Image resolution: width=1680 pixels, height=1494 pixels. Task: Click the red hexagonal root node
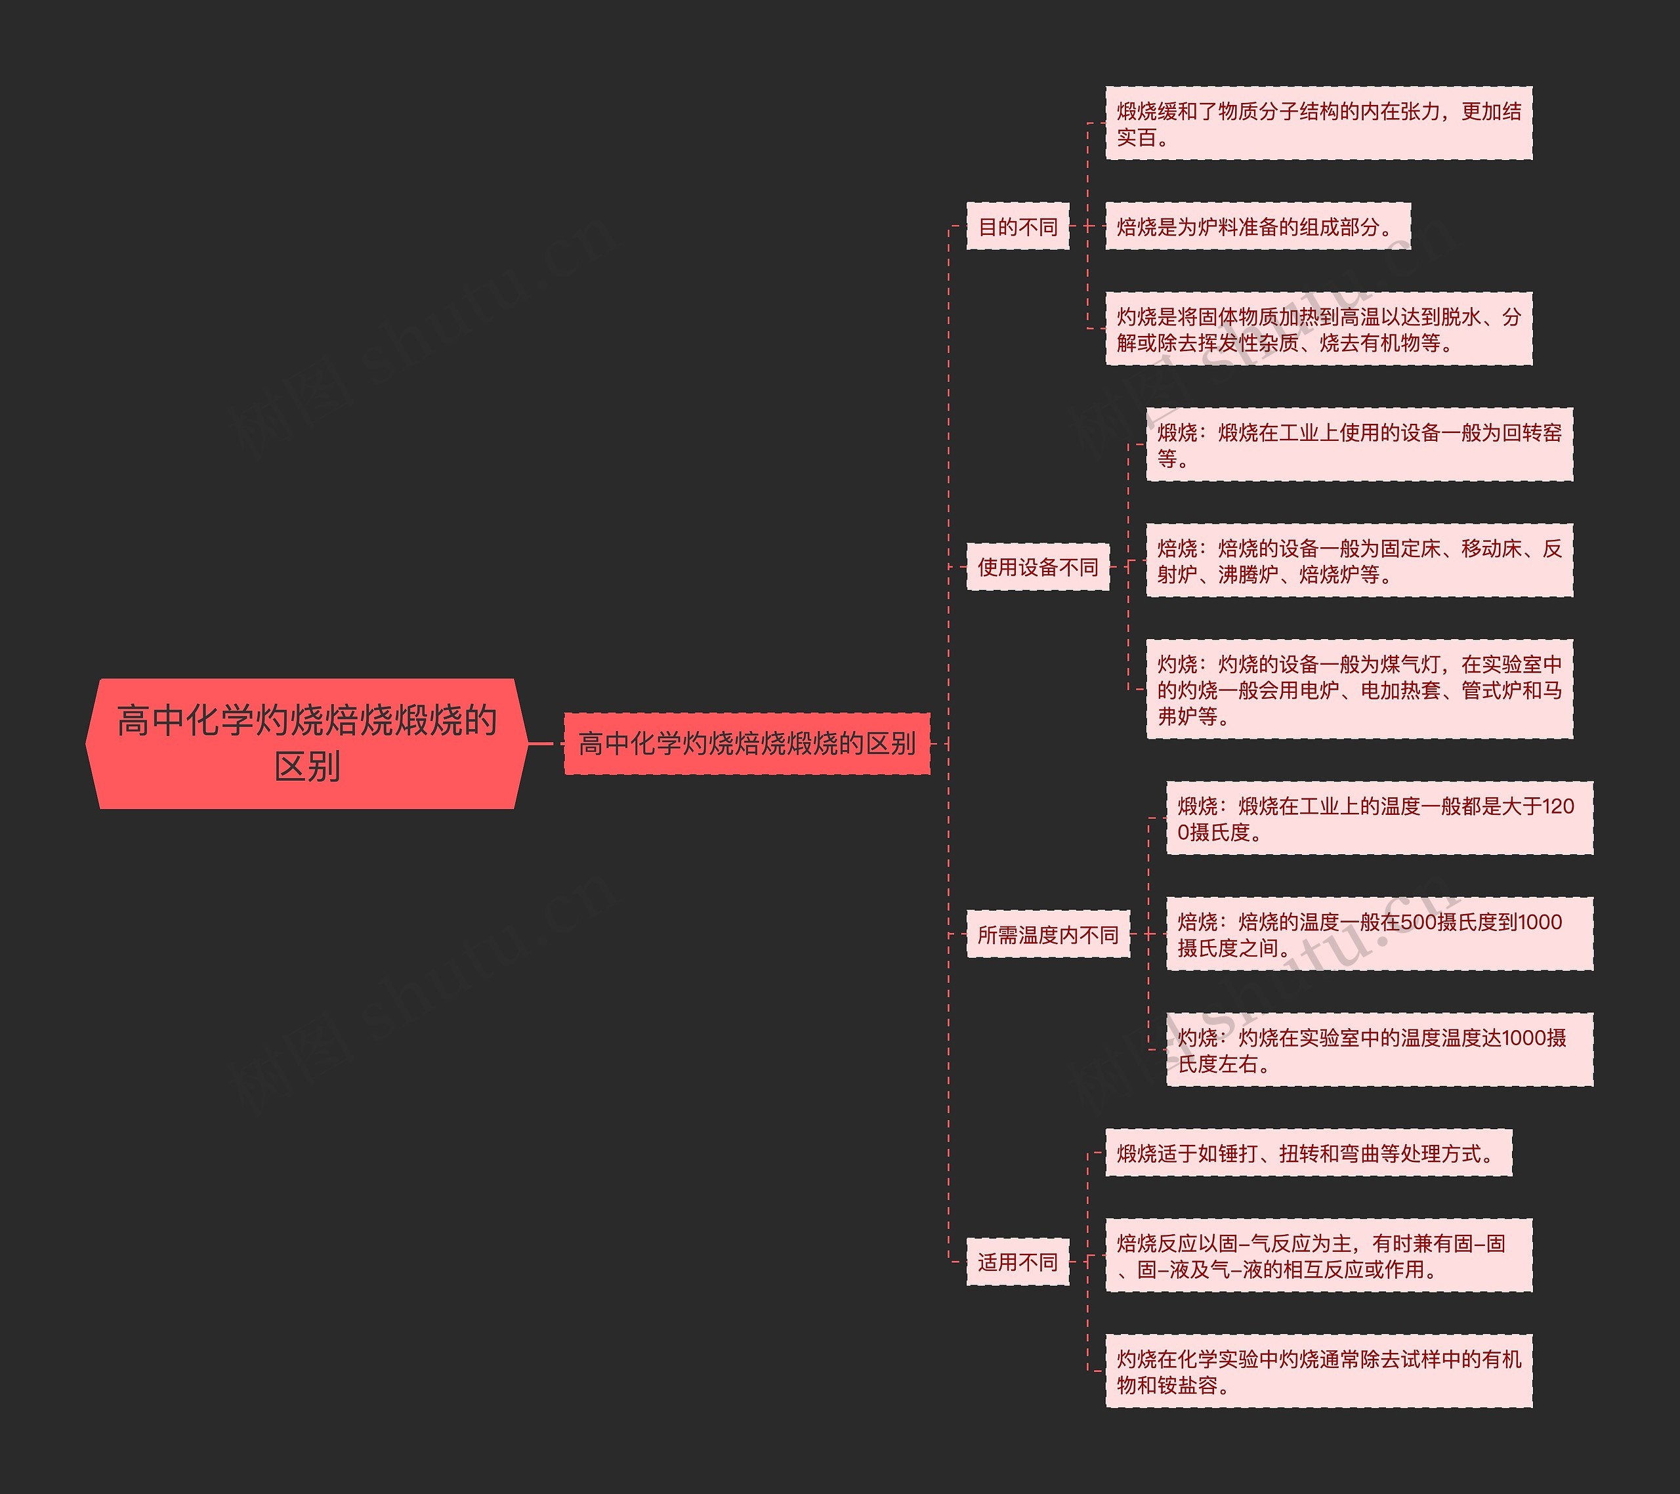(306, 743)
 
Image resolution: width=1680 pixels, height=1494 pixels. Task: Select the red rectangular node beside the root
(746, 743)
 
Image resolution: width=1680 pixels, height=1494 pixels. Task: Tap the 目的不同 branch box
(1018, 226)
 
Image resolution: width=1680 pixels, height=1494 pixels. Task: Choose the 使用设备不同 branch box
(1038, 566)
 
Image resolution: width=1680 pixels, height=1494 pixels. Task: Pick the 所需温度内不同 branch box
(1047, 934)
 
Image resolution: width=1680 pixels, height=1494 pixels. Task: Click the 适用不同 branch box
(1018, 1262)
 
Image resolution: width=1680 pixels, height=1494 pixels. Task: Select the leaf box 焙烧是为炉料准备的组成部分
(1257, 226)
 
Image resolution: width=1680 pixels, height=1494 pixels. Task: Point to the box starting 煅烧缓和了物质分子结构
(1318, 123)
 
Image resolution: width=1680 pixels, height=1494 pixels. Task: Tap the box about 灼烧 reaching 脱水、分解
(1318, 329)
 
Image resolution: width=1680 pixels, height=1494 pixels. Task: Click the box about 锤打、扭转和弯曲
(1308, 1153)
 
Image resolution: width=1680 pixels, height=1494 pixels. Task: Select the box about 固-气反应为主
(1318, 1256)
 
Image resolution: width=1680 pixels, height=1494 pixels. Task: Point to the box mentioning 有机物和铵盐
(1318, 1371)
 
